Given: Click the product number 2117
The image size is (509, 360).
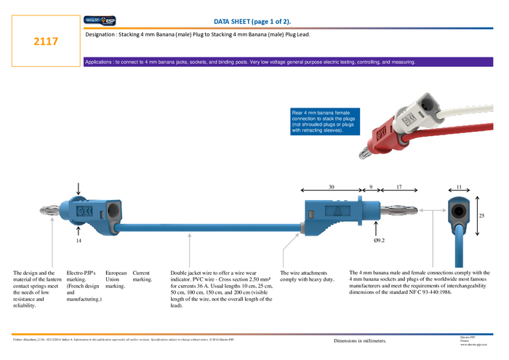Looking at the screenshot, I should pos(46,43).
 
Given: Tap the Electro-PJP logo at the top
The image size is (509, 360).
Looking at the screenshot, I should pos(100,22).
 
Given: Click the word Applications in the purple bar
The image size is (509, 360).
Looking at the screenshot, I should pos(103,63).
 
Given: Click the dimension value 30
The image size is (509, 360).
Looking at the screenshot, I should pos(332,188).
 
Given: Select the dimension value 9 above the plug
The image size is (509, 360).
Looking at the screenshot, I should pos(370,188).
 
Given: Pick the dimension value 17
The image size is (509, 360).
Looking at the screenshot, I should pos(398,188).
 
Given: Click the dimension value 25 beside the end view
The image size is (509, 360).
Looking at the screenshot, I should pos(481,216).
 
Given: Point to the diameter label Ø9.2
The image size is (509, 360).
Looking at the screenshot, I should pos(379,239).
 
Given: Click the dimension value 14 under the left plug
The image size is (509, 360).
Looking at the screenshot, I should pos(79,240).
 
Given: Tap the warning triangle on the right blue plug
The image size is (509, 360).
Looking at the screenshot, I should pos(337,211).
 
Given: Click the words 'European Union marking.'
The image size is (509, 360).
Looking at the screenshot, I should pos(116,280).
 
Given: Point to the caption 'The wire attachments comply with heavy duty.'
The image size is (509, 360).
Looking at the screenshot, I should pos(308,276).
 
